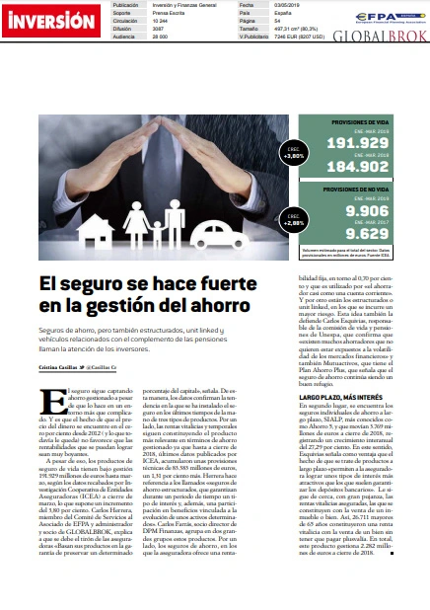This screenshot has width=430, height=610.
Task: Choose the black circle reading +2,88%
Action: point(294,221)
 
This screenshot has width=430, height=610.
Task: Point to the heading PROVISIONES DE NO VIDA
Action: point(360,188)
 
